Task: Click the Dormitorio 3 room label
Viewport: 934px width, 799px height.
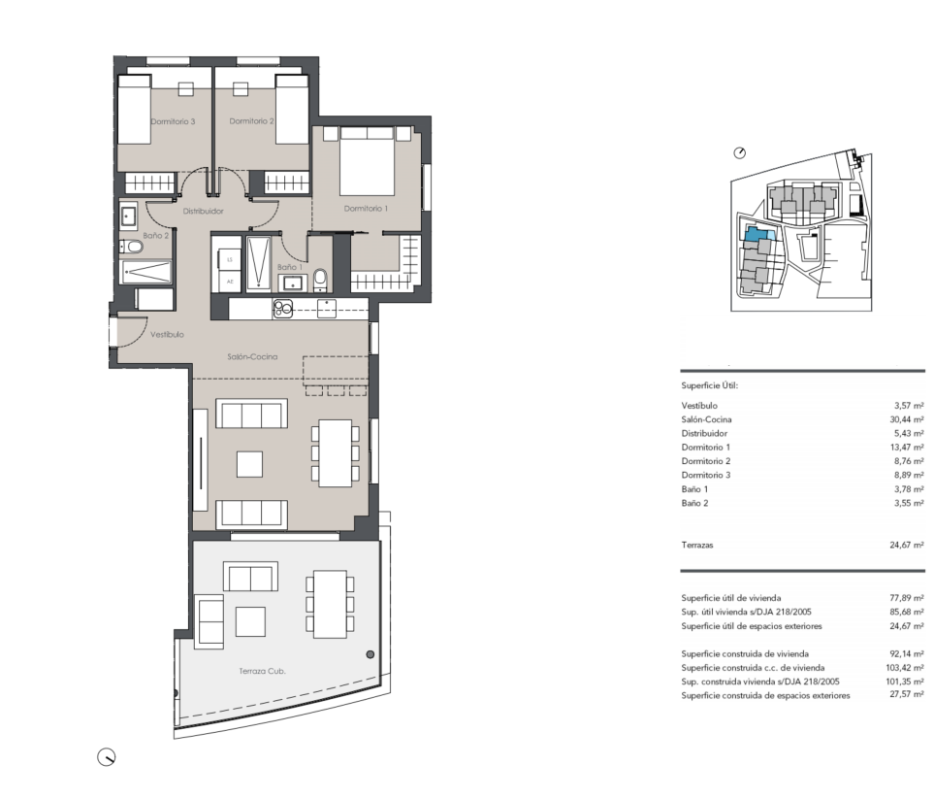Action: pos(173,121)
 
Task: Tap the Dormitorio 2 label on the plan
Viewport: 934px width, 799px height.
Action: pos(251,121)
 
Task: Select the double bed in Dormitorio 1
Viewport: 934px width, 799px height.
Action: pos(368,161)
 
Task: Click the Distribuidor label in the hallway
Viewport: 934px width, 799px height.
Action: pos(203,211)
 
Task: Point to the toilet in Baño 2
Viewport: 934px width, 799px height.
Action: pos(132,247)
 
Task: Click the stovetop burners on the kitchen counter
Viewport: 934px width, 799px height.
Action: pos(283,309)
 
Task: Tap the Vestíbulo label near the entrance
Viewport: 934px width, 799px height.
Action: pos(167,335)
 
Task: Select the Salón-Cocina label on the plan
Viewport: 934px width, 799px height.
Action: pos(252,356)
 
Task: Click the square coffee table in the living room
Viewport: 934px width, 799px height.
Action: pos(249,464)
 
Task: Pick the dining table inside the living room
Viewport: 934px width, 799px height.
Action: pos(335,453)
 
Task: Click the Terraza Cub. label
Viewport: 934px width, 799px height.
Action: pos(262,671)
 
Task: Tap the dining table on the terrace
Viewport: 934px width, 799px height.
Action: pos(330,605)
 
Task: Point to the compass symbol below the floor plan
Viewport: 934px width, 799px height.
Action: pos(106,757)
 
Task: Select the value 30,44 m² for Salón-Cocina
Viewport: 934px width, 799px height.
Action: pos(907,419)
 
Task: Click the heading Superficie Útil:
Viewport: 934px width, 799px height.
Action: pos(709,385)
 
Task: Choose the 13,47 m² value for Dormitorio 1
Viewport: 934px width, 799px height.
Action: pos(907,448)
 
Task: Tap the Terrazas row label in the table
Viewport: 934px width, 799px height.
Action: pos(697,545)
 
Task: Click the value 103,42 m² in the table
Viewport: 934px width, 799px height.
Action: pos(905,668)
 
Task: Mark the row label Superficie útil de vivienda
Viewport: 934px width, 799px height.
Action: pos(731,598)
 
